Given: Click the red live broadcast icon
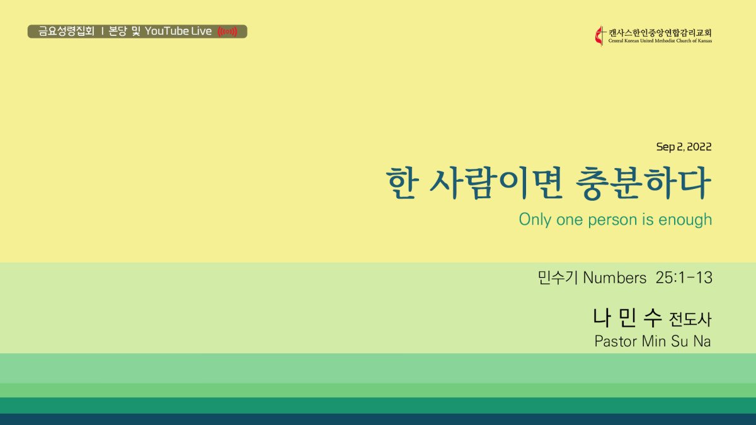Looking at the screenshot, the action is (x=227, y=31).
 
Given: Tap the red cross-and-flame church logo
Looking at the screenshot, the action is (x=600, y=35).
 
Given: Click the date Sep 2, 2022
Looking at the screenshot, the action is (x=684, y=147).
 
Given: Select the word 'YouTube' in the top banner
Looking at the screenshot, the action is (x=167, y=31).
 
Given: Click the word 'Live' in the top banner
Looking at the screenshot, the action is (x=202, y=31).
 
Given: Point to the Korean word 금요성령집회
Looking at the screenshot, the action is (x=66, y=31).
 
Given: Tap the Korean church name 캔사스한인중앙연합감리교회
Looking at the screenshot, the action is (x=660, y=33).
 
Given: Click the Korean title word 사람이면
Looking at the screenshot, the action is (x=495, y=183).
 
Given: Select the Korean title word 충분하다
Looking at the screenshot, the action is (x=643, y=183).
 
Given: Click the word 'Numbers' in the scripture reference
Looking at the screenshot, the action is (x=615, y=278).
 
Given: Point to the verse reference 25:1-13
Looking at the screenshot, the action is (x=684, y=278).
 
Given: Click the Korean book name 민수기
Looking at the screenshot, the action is (x=558, y=278).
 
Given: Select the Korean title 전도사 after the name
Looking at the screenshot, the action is (x=690, y=319).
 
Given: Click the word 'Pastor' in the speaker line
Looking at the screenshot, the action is (x=616, y=341).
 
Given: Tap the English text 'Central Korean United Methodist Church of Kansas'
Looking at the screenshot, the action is (x=660, y=41).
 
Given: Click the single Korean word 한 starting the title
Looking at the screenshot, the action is (x=402, y=183).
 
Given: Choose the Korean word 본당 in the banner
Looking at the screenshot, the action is (x=117, y=31).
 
